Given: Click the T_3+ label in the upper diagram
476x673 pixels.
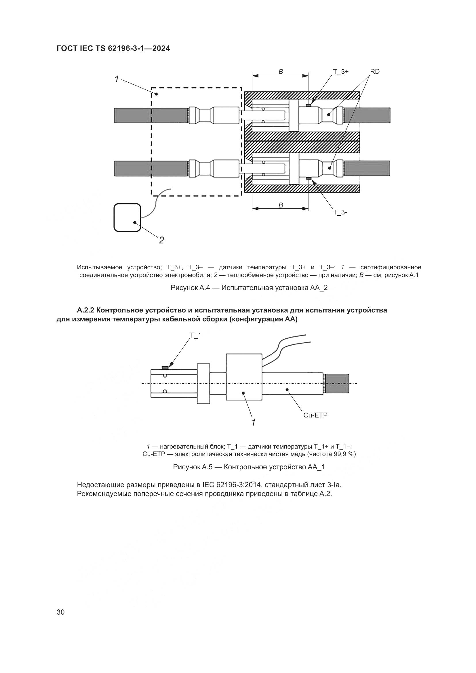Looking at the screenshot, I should click(340, 72).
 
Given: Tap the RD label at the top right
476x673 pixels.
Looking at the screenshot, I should click(375, 72).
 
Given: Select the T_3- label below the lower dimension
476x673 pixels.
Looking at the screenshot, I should click(340, 213).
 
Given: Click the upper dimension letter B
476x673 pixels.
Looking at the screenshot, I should click(281, 72).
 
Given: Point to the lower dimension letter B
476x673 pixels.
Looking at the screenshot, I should click(281, 205).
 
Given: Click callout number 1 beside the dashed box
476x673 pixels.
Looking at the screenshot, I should click(117, 79).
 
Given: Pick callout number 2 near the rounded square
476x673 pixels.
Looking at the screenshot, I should click(161, 240).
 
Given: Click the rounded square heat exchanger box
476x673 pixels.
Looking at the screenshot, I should click(127, 218).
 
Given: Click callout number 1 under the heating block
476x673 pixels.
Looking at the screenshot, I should click(253, 422).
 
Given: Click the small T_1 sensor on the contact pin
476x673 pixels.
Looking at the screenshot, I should click(165, 367).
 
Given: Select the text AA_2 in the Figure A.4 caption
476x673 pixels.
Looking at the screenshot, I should click(319, 288).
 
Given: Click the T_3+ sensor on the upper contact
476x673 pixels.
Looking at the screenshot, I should click(308, 105).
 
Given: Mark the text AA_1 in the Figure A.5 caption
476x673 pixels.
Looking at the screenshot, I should click(316, 467).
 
